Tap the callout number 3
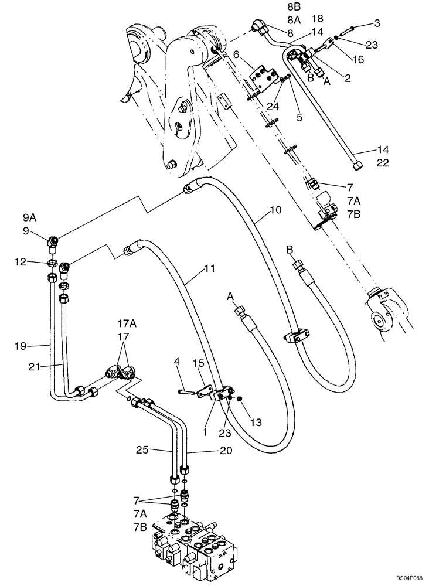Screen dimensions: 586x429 tap(377, 23)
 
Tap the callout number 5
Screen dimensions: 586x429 tap(299, 117)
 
